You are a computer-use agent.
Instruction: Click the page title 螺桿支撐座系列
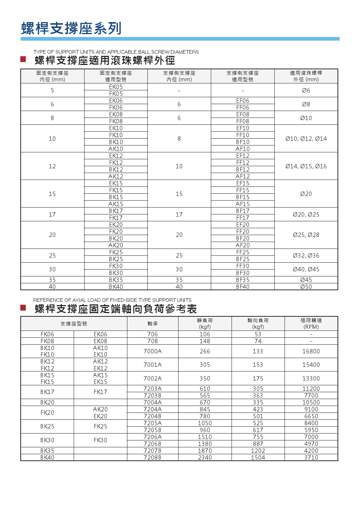pyautogui.click(x=71, y=28)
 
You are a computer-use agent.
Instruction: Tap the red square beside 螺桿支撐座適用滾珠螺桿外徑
pyautogui.click(x=23, y=59)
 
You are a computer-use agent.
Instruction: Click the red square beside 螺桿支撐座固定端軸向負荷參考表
pyautogui.click(x=23, y=308)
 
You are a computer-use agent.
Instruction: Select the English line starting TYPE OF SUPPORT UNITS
pyautogui.click(x=116, y=52)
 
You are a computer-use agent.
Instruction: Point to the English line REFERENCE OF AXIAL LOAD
pyautogui.click(x=112, y=300)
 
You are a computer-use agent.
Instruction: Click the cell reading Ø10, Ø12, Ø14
pyautogui.click(x=306, y=139)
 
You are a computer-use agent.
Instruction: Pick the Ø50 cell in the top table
pyautogui.click(x=306, y=287)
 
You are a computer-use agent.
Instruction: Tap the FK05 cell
pyautogui.click(x=116, y=94)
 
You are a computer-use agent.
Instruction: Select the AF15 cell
pyautogui.click(x=242, y=204)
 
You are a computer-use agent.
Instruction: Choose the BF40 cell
pyautogui.click(x=242, y=287)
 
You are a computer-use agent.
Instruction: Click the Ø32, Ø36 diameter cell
pyautogui.click(x=306, y=255)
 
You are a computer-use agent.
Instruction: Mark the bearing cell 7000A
pyautogui.click(x=152, y=351)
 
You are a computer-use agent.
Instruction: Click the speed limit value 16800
pyautogui.click(x=311, y=351)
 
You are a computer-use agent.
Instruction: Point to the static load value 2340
pyautogui.click(x=205, y=457)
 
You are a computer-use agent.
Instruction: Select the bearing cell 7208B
pyautogui.click(x=152, y=457)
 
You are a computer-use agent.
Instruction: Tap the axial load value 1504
pyautogui.click(x=258, y=457)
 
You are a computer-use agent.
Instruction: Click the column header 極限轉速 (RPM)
pyautogui.click(x=311, y=324)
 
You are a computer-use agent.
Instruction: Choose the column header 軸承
pyautogui.click(x=152, y=324)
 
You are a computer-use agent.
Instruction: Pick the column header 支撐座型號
pyautogui.click(x=74, y=324)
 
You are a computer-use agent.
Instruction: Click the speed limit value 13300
pyautogui.click(x=311, y=378)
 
